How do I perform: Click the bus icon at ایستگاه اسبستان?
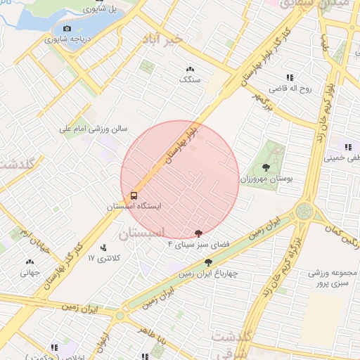pyautogui.click(x=133, y=195)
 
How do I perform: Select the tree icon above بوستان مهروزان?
pyautogui.click(x=265, y=167)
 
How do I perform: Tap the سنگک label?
pyautogui.click(x=190, y=80)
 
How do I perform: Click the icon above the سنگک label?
pyautogui.click(x=189, y=69)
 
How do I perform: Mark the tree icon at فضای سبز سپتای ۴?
pyautogui.click(x=199, y=233)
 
